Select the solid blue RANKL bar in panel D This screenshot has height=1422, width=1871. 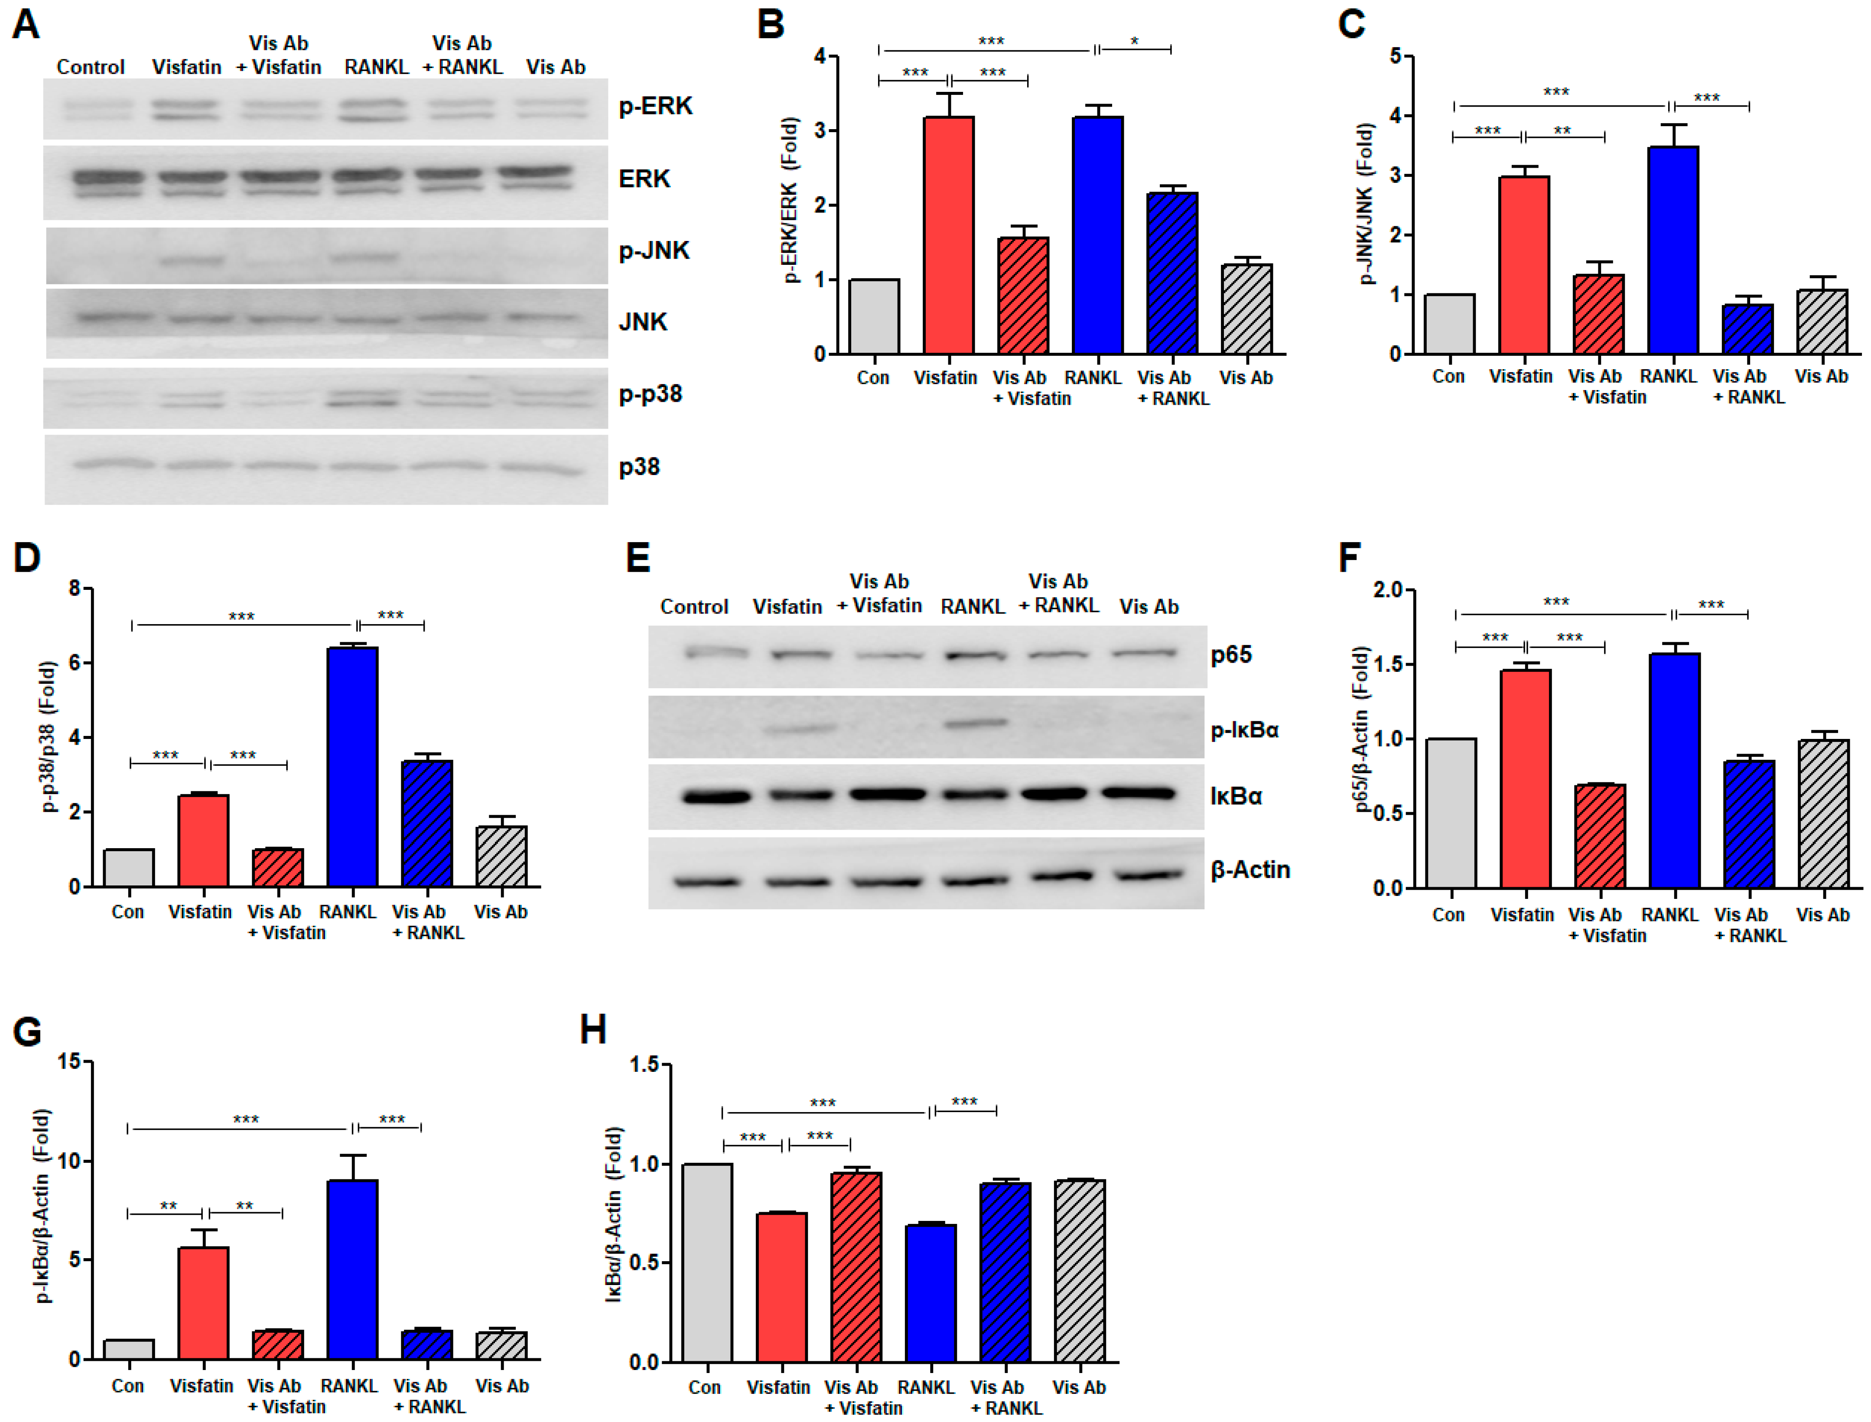352,766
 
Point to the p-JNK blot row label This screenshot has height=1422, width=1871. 654,251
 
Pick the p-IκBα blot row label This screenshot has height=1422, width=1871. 1244,729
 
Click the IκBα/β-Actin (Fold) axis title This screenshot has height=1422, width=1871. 615,1213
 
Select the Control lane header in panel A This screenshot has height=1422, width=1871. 91,67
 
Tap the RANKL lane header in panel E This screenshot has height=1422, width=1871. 972,606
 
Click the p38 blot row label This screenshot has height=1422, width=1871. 639,466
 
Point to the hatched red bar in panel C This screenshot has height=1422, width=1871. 1598,313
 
